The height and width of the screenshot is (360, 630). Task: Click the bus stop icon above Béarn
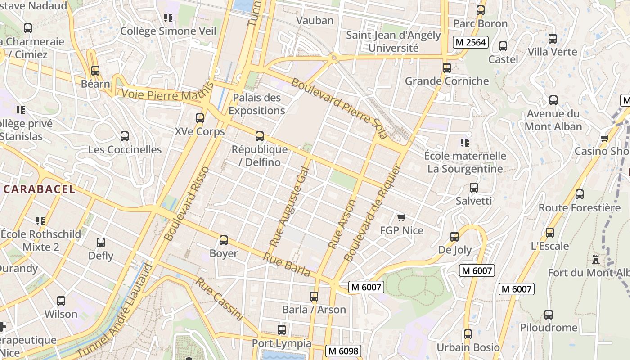[x=95, y=71]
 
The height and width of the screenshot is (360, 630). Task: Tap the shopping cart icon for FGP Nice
[x=401, y=218]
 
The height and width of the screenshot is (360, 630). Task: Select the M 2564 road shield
[x=470, y=42]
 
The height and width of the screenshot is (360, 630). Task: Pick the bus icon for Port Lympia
[x=282, y=330]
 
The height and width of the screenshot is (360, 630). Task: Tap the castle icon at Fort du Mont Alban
[x=596, y=260]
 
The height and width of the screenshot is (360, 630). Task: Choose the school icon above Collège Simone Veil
[x=168, y=18]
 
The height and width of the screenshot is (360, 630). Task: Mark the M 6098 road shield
[x=343, y=351]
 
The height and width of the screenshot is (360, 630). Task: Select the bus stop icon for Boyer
[x=224, y=240]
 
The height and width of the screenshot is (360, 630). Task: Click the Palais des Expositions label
[x=256, y=104]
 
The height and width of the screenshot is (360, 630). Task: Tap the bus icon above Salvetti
[x=474, y=188]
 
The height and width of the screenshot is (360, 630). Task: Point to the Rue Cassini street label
[x=220, y=299]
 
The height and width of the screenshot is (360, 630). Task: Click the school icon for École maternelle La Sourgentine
[x=465, y=143]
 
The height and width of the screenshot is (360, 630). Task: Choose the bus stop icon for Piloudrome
[x=548, y=315]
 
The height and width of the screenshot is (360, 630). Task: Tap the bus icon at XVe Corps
[x=200, y=118]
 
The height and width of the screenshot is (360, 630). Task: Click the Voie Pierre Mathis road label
[x=167, y=95]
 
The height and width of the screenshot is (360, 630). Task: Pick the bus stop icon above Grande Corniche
[x=446, y=68]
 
